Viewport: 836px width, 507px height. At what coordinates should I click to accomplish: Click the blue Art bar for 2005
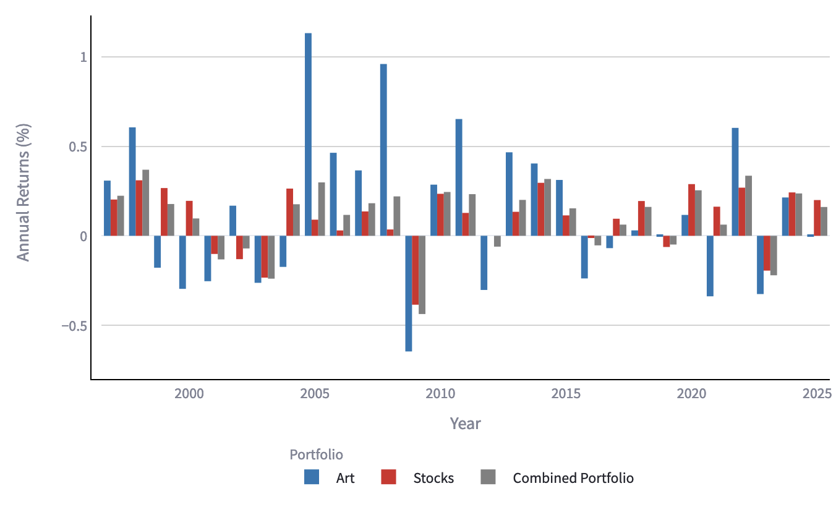tap(308, 134)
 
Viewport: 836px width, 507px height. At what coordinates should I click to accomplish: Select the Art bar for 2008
tap(383, 150)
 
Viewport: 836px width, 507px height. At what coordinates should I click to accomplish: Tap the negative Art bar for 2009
tap(409, 293)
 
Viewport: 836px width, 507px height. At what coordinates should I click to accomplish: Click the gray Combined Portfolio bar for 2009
tap(422, 275)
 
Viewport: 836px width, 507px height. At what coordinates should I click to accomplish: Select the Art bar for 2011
tap(459, 177)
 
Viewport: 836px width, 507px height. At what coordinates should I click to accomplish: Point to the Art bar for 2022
tap(735, 182)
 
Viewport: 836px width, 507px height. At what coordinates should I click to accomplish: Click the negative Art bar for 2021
tap(710, 266)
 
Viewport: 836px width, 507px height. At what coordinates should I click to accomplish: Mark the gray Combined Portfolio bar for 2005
tap(322, 209)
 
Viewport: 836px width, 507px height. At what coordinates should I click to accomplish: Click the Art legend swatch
tap(312, 477)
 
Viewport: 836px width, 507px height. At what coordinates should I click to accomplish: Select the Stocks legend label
tap(433, 478)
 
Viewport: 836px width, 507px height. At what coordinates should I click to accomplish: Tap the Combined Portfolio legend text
tap(573, 478)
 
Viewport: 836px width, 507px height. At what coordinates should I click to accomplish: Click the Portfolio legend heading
tap(316, 454)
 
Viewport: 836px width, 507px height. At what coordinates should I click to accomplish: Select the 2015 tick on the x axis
tap(566, 394)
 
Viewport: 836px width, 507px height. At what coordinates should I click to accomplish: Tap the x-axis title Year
tap(465, 424)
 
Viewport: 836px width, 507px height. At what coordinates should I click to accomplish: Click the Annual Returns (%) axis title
tap(23, 193)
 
